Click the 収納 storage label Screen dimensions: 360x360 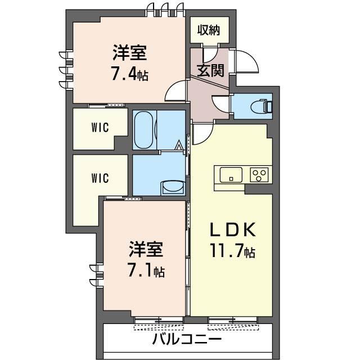(209, 30)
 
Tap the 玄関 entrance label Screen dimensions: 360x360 (210, 70)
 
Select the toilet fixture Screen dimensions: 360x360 (262, 106)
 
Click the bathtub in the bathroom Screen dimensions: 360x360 (144, 130)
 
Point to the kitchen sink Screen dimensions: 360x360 (231, 175)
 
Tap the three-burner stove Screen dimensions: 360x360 (259, 175)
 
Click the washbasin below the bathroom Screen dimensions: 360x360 (173, 187)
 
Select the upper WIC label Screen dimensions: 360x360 (100, 128)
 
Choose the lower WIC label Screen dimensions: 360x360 (100, 178)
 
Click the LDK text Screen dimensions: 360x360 (233, 229)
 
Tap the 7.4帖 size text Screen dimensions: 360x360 (130, 73)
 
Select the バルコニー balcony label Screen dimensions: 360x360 (187, 339)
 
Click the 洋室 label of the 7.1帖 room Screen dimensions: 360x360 (146, 249)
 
